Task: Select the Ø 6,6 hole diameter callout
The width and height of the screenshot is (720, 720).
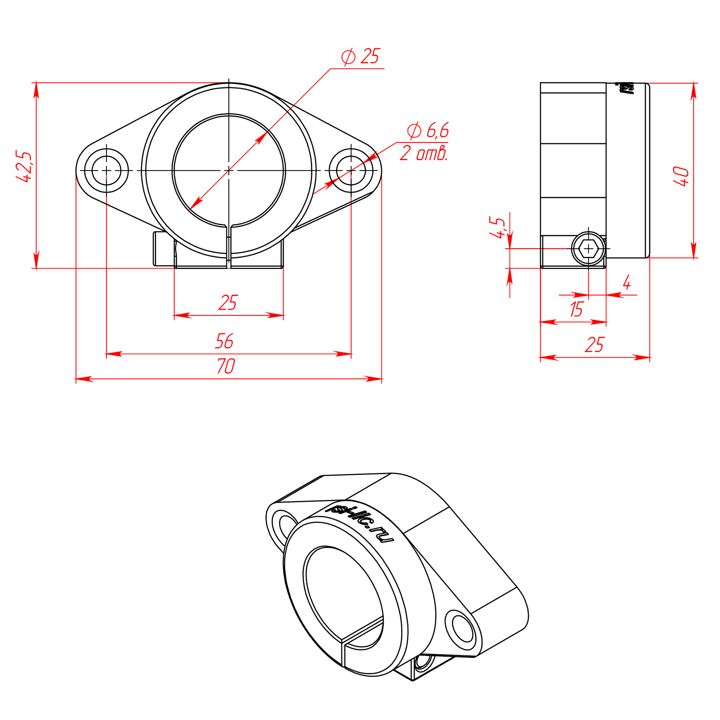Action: click(428, 130)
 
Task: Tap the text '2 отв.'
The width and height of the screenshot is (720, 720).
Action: click(424, 153)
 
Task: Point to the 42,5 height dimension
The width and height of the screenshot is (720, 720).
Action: click(24, 166)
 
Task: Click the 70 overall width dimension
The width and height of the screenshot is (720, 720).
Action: click(226, 366)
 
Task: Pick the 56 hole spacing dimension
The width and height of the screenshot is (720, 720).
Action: click(224, 341)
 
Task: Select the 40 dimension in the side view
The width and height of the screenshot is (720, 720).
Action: click(681, 176)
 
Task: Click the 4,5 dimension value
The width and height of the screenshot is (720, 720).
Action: click(497, 228)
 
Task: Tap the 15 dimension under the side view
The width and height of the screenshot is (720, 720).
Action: click(576, 309)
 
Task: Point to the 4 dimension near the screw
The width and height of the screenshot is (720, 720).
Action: click(627, 282)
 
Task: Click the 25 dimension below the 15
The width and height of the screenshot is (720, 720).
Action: click(594, 345)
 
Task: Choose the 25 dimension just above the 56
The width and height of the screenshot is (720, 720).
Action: click(228, 303)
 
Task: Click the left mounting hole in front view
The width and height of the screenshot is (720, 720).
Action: click(106, 171)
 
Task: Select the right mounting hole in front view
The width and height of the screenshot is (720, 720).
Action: click(351, 171)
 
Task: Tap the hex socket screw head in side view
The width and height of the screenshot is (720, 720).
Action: click(588, 249)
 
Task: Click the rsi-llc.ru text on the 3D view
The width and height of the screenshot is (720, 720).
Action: click(360, 523)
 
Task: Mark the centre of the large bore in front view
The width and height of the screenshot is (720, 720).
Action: click(229, 171)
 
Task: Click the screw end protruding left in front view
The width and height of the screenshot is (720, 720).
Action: click(164, 249)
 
